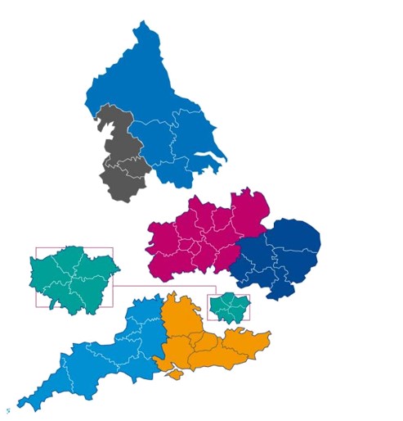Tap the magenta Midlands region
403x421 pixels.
point(204,233)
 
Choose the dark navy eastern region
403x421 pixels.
point(282,254)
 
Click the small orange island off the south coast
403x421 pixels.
point(174,373)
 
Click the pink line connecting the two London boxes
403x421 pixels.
point(163,286)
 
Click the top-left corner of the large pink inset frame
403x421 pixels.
point(35,247)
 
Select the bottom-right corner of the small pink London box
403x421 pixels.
point(250,319)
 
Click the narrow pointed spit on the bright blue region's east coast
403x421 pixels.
point(226,163)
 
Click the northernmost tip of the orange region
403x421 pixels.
point(173,293)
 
